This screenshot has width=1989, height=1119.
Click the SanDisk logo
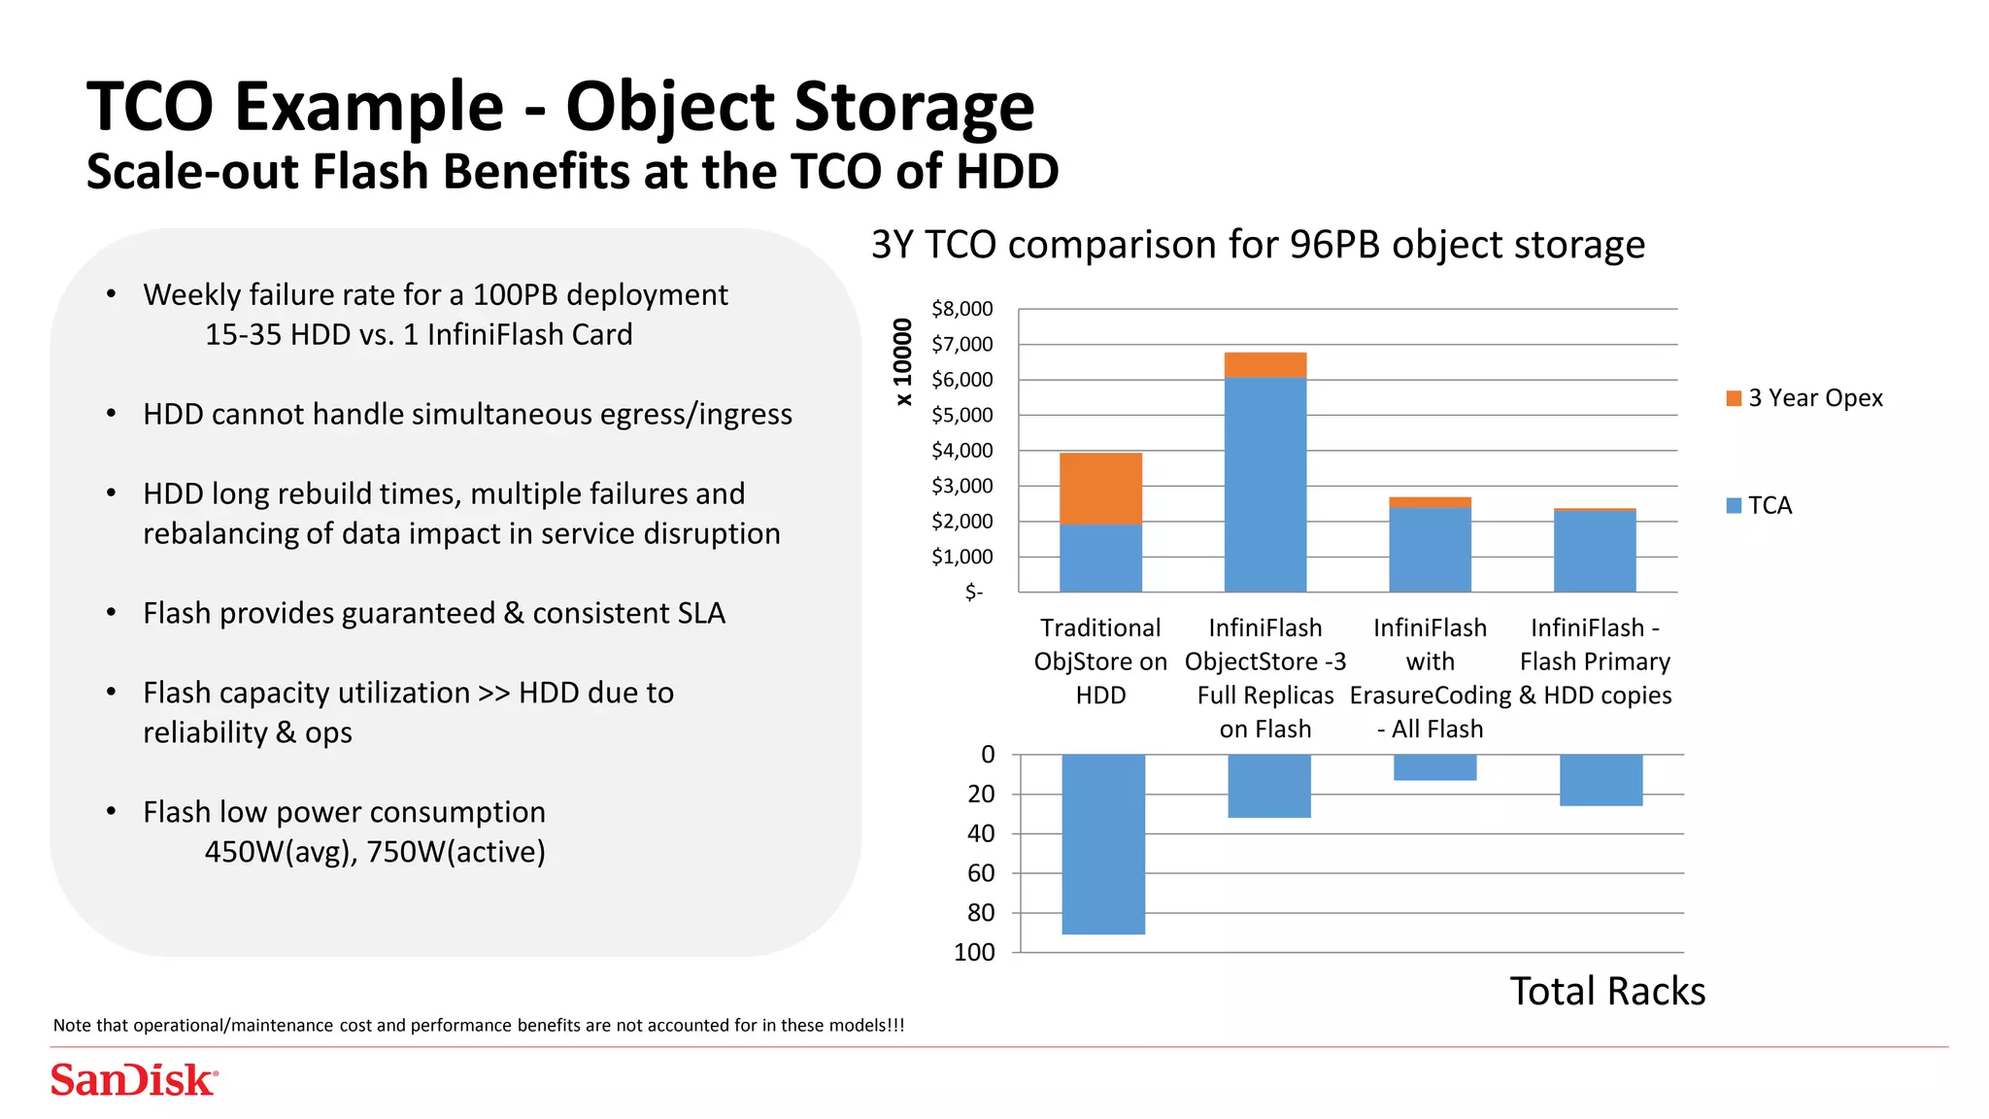click(x=134, y=1080)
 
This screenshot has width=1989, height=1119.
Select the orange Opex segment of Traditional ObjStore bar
click(x=1100, y=488)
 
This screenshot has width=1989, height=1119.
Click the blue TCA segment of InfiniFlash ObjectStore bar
click(x=1264, y=484)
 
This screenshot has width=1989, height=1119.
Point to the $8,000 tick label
click(x=961, y=309)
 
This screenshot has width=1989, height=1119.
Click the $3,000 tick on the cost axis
click(x=961, y=486)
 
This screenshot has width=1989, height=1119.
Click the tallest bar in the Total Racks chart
click(x=1103, y=843)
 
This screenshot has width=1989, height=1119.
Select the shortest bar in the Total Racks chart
click(x=1434, y=767)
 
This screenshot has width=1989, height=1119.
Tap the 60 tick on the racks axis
click(x=981, y=873)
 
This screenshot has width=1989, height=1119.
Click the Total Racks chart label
click(x=1606, y=991)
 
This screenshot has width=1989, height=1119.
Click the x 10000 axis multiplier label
click(x=903, y=361)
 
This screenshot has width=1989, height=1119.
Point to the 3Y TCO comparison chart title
click(x=1258, y=245)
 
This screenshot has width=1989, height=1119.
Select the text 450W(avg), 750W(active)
click(x=375, y=852)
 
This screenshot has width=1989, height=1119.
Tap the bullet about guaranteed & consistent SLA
click(x=433, y=613)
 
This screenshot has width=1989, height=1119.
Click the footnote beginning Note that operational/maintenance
click(x=478, y=1025)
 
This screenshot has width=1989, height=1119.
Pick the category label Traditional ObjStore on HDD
click(x=1100, y=661)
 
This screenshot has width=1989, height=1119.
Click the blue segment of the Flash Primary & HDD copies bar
click(x=1595, y=551)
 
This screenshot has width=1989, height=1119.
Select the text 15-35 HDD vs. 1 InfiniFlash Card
click(x=419, y=334)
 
